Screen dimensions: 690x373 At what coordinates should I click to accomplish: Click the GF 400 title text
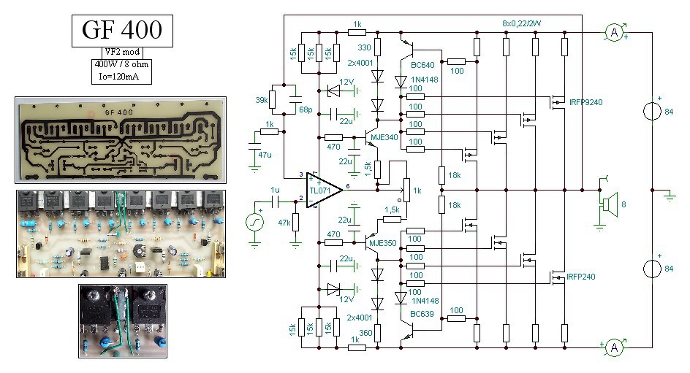(122, 30)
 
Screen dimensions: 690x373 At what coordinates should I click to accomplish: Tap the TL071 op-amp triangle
(325, 190)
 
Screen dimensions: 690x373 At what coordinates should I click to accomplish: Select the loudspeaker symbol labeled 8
(610, 204)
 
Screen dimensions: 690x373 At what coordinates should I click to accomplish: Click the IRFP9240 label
(585, 102)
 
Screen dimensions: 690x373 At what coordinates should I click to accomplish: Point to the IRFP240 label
(581, 277)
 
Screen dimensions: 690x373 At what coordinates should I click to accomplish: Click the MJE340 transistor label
(384, 137)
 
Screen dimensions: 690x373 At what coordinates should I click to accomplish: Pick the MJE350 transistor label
(383, 243)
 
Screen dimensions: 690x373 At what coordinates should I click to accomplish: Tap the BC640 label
(422, 65)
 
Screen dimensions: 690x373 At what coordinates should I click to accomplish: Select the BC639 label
(422, 314)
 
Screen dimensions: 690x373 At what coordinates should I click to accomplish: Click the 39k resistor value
(262, 100)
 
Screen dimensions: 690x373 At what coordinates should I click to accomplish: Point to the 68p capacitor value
(306, 109)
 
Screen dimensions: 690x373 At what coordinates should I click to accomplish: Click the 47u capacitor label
(265, 155)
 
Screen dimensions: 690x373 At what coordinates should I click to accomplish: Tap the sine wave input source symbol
(254, 222)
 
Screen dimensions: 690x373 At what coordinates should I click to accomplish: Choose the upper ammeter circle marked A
(614, 32)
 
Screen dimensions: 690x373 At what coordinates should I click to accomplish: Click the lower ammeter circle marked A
(614, 347)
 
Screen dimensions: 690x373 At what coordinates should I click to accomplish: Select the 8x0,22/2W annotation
(521, 23)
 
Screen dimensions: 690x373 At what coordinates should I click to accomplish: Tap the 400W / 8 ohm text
(121, 64)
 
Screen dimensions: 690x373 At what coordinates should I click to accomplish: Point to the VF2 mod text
(122, 51)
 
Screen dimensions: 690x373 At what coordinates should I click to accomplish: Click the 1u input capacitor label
(275, 191)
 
